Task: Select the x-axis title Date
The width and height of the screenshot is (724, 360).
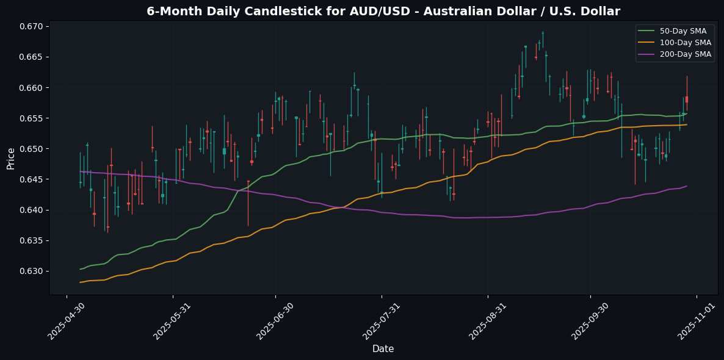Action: click(x=383, y=349)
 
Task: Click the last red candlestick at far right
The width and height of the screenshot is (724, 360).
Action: click(x=687, y=99)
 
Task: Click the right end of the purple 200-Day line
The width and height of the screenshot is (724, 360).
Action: click(x=687, y=186)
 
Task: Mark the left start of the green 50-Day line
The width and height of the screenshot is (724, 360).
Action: click(x=81, y=269)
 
